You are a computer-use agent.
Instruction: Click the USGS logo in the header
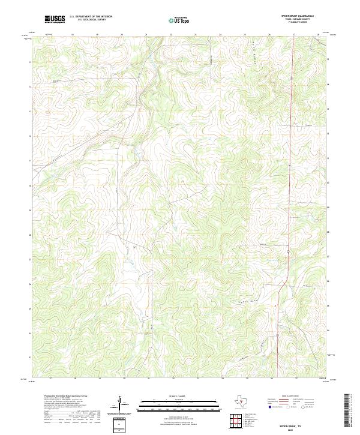55,20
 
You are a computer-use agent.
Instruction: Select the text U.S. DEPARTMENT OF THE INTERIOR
91,17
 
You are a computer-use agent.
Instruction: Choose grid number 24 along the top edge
220,35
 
